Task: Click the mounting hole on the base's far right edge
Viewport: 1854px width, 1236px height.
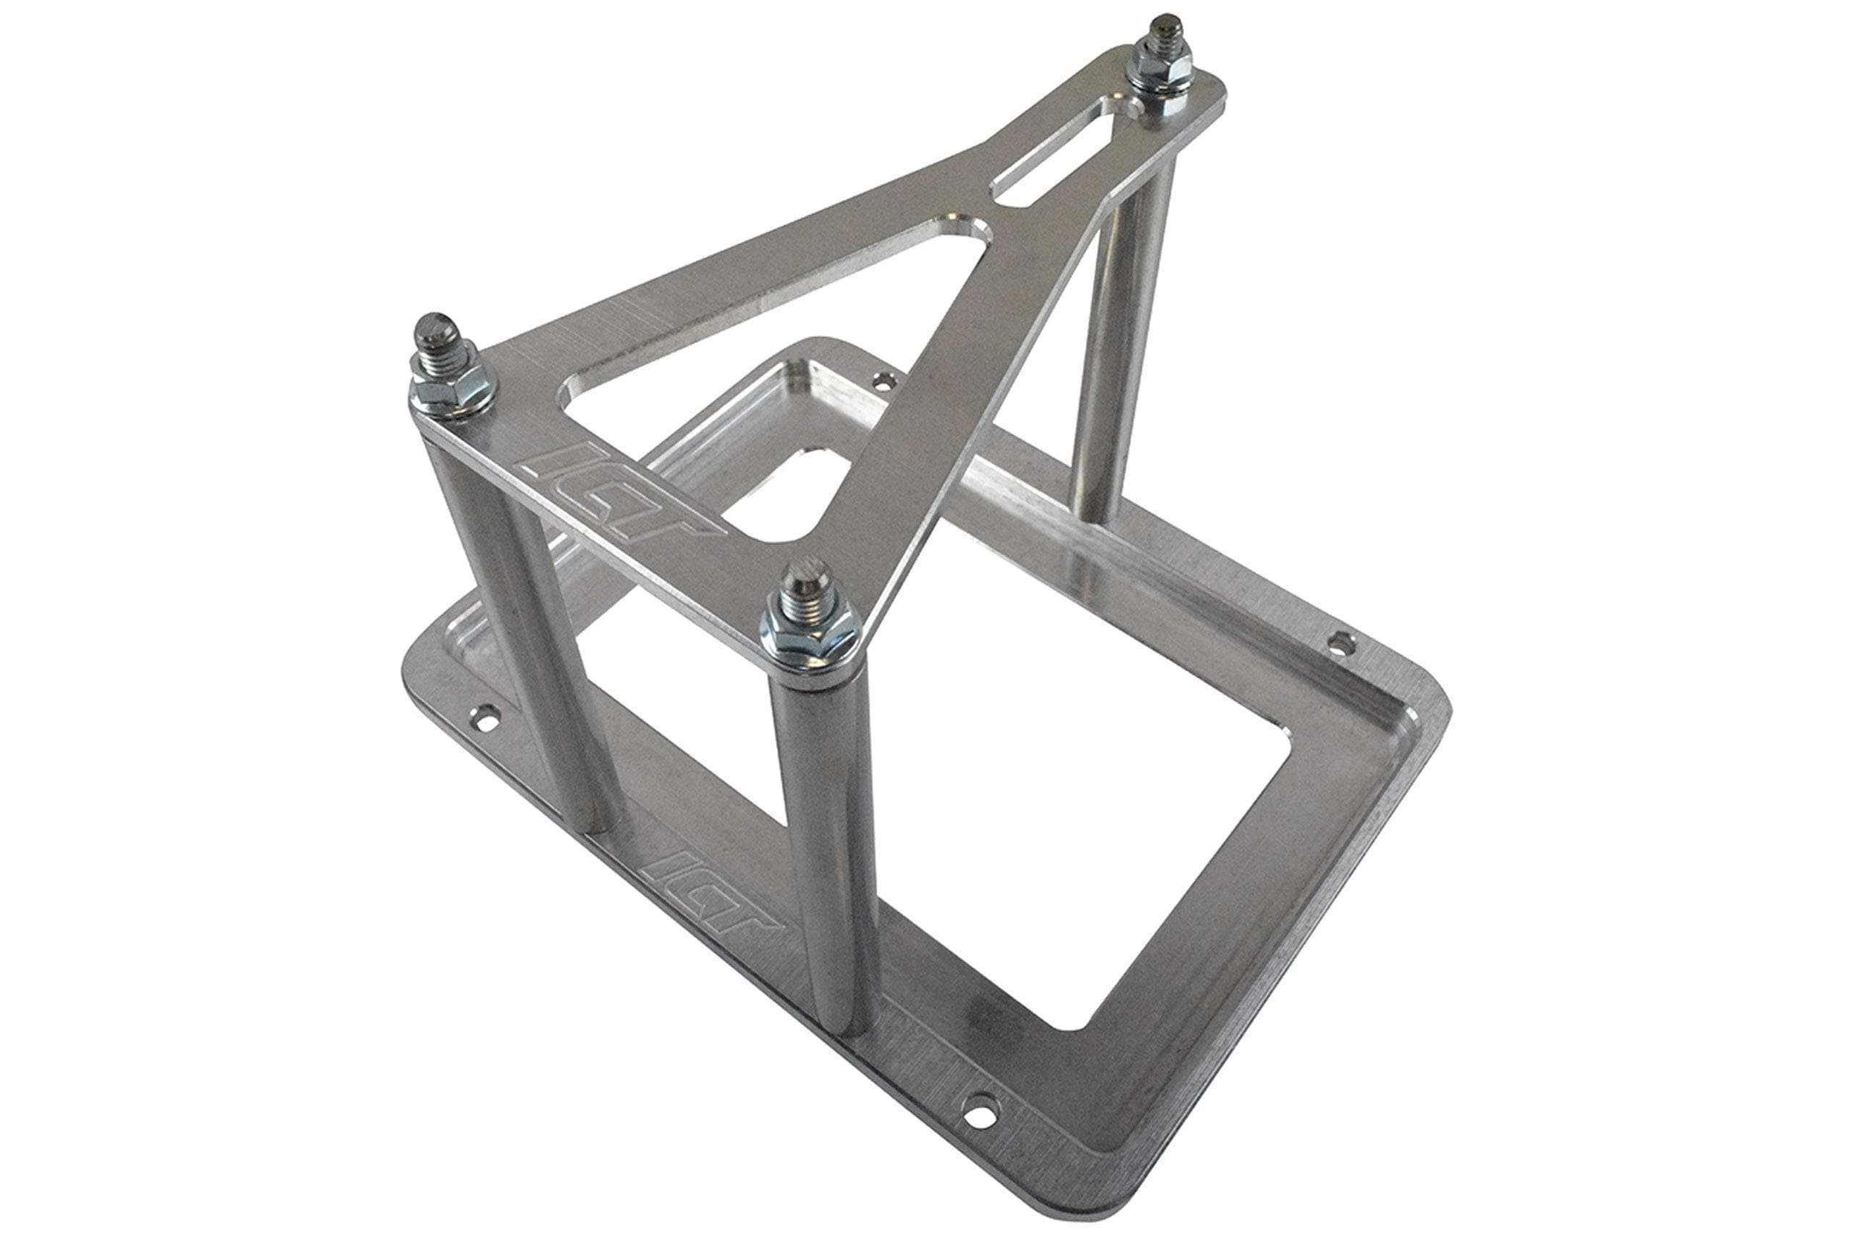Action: point(1335,644)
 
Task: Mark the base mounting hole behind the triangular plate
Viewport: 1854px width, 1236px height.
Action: point(883,381)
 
